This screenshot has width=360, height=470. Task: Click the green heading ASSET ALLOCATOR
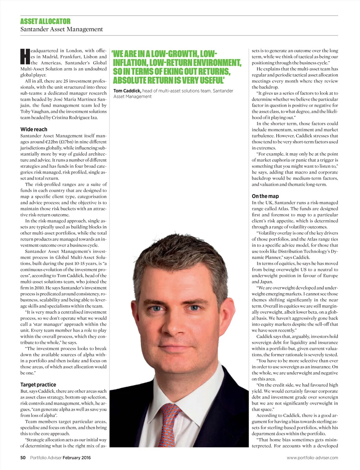pyautogui.click(x=45, y=21)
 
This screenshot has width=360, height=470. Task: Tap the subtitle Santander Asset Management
pyautogui.click(x=61, y=29)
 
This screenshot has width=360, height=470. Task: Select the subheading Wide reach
pyautogui.click(x=34, y=129)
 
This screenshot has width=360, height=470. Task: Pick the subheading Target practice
pyautogui.click(x=38, y=385)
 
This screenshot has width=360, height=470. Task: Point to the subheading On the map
pyautogui.click(x=265, y=196)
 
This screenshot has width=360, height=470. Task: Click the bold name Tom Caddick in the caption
pyautogui.click(x=127, y=91)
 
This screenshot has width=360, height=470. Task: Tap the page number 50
pyautogui.click(x=23, y=457)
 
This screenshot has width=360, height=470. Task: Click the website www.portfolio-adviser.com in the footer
pyautogui.click(x=312, y=457)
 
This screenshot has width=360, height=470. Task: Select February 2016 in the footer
pyautogui.click(x=76, y=457)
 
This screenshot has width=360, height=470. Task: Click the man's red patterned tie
pyautogui.click(x=172, y=426)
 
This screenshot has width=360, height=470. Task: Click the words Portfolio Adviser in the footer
pyautogui.click(x=46, y=457)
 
